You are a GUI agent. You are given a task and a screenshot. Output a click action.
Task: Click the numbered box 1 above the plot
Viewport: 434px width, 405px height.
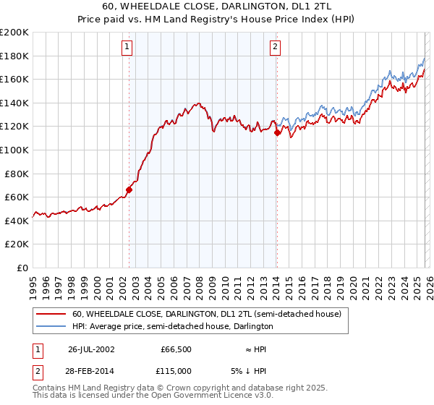click(x=127, y=47)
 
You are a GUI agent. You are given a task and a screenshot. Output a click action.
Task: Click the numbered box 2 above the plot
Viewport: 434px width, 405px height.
click(x=276, y=47)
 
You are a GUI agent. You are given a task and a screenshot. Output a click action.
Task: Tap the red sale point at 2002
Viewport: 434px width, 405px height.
click(x=129, y=189)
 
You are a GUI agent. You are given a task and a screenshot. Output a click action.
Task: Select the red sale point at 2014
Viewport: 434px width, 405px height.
click(x=277, y=132)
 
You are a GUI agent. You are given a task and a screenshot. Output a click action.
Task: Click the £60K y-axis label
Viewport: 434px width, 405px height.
click(x=17, y=197)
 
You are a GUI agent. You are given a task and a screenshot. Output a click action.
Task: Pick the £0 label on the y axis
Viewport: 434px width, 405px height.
click(x=22, y=268)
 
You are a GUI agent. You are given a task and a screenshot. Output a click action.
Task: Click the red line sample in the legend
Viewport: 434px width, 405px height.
click(x=51, y=314)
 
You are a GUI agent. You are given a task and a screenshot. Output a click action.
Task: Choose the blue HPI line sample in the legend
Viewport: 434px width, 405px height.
click(x=51, y=326)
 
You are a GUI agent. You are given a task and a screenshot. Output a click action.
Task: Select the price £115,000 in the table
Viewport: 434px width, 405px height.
click(x=177, y=370)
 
